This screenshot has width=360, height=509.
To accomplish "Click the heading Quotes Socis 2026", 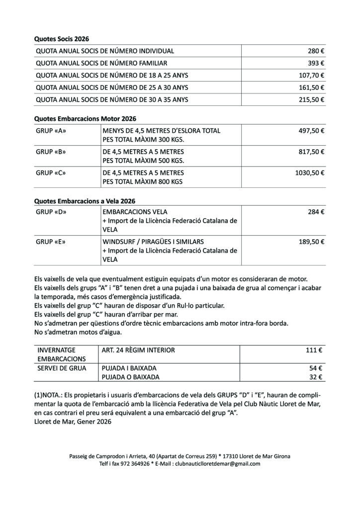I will click(61, 38).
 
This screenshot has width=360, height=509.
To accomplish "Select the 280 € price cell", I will click(316, 51).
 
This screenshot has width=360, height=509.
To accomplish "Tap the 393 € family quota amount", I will click(316, 63).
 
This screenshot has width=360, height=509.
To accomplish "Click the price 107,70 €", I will click(311, 76).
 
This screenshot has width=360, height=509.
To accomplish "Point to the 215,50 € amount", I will click(311, 99).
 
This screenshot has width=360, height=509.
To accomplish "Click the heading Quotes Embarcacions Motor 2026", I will click(85, 119).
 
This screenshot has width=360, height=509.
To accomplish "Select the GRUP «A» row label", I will click(51, 131).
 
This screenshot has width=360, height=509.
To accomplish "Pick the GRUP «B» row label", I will click(51, 152).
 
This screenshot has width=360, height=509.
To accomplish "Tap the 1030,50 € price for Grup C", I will click(309, 173).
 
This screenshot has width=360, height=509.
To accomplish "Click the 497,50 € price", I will click(311, 131).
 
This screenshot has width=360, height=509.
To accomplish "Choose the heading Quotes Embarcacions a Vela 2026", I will click(85, 201).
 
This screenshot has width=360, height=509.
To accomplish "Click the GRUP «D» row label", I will click(51, 212).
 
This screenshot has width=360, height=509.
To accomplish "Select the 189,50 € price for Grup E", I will click(311, 242).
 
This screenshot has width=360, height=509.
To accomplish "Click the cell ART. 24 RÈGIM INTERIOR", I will click(138, 350).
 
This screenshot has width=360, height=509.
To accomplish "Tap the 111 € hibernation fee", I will click(314, 350).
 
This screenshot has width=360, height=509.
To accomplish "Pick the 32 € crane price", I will click(316, 377).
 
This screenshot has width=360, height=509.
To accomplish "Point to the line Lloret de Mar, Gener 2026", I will click(73, 422).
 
